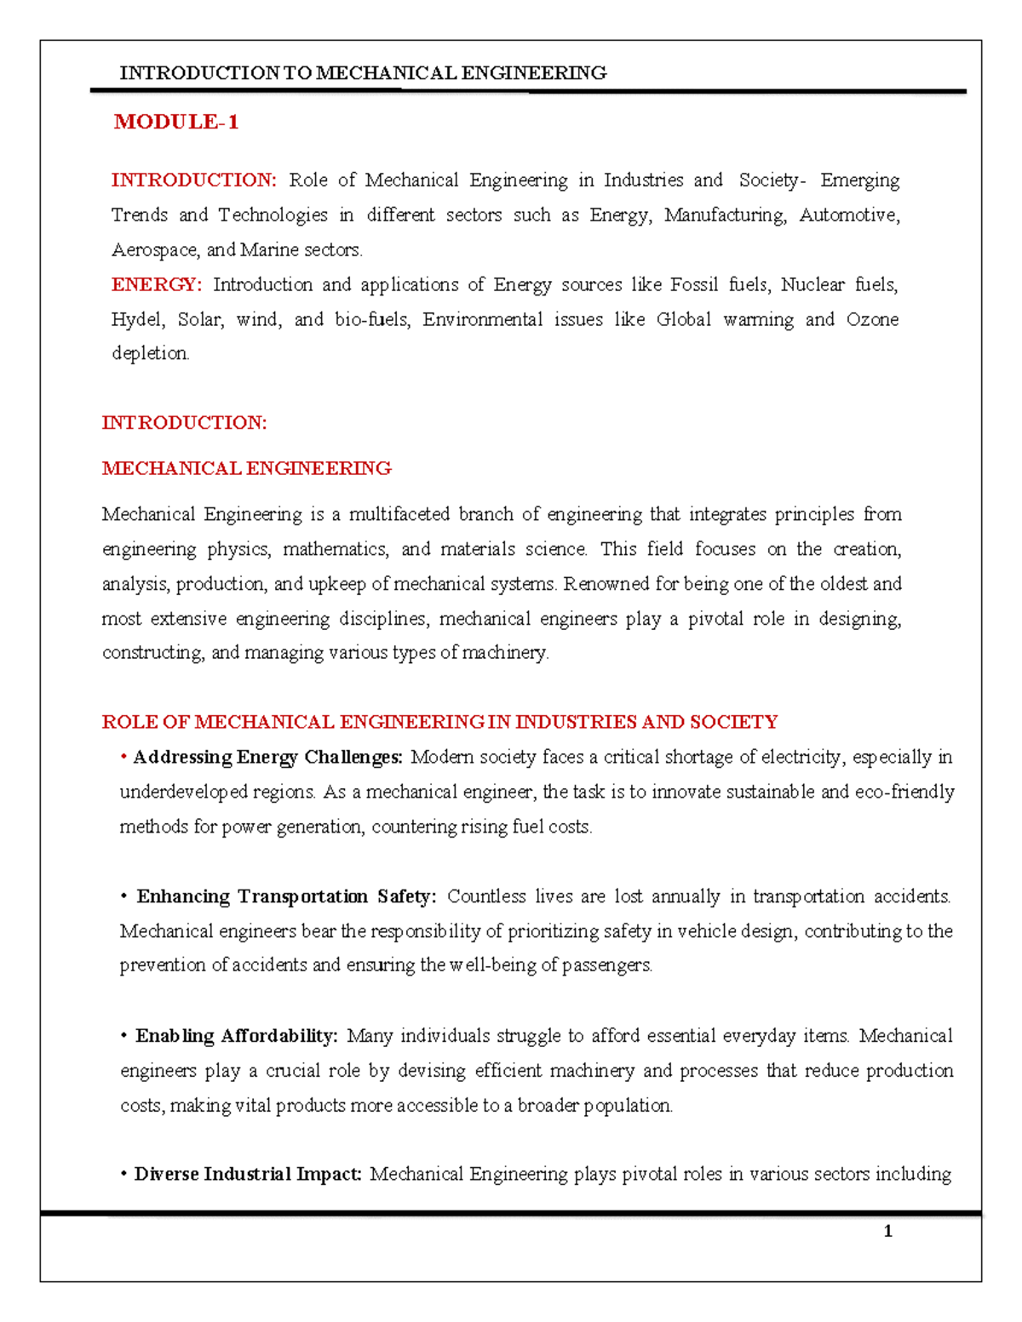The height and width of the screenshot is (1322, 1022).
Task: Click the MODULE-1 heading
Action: tap(176, 123)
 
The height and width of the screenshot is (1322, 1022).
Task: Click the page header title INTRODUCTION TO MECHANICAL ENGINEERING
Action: tap(363, 73)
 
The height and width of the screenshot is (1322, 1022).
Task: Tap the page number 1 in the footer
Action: tap(887, 1231)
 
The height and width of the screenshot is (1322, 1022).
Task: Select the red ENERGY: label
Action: tap(157, 284)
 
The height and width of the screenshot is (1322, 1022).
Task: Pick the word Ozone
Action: tap(872, 319)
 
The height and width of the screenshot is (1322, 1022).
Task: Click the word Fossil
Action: tap(694, 284)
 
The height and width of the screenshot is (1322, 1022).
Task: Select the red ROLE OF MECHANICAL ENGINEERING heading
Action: tap(439, 722)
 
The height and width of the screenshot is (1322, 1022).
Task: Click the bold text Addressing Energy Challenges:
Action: tap(267, 757)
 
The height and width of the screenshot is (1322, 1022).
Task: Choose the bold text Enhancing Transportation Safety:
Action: tap(286, 896)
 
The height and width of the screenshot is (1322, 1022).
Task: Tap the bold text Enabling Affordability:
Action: tap(237, 1036)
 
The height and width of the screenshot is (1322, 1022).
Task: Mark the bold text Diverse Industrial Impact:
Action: tap(248, 1175)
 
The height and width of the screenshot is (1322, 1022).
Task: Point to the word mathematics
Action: tap(336, 549)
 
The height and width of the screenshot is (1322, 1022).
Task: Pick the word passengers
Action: tap(607, 965)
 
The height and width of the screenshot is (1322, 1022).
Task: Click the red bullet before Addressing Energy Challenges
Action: tap(124, 756)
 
